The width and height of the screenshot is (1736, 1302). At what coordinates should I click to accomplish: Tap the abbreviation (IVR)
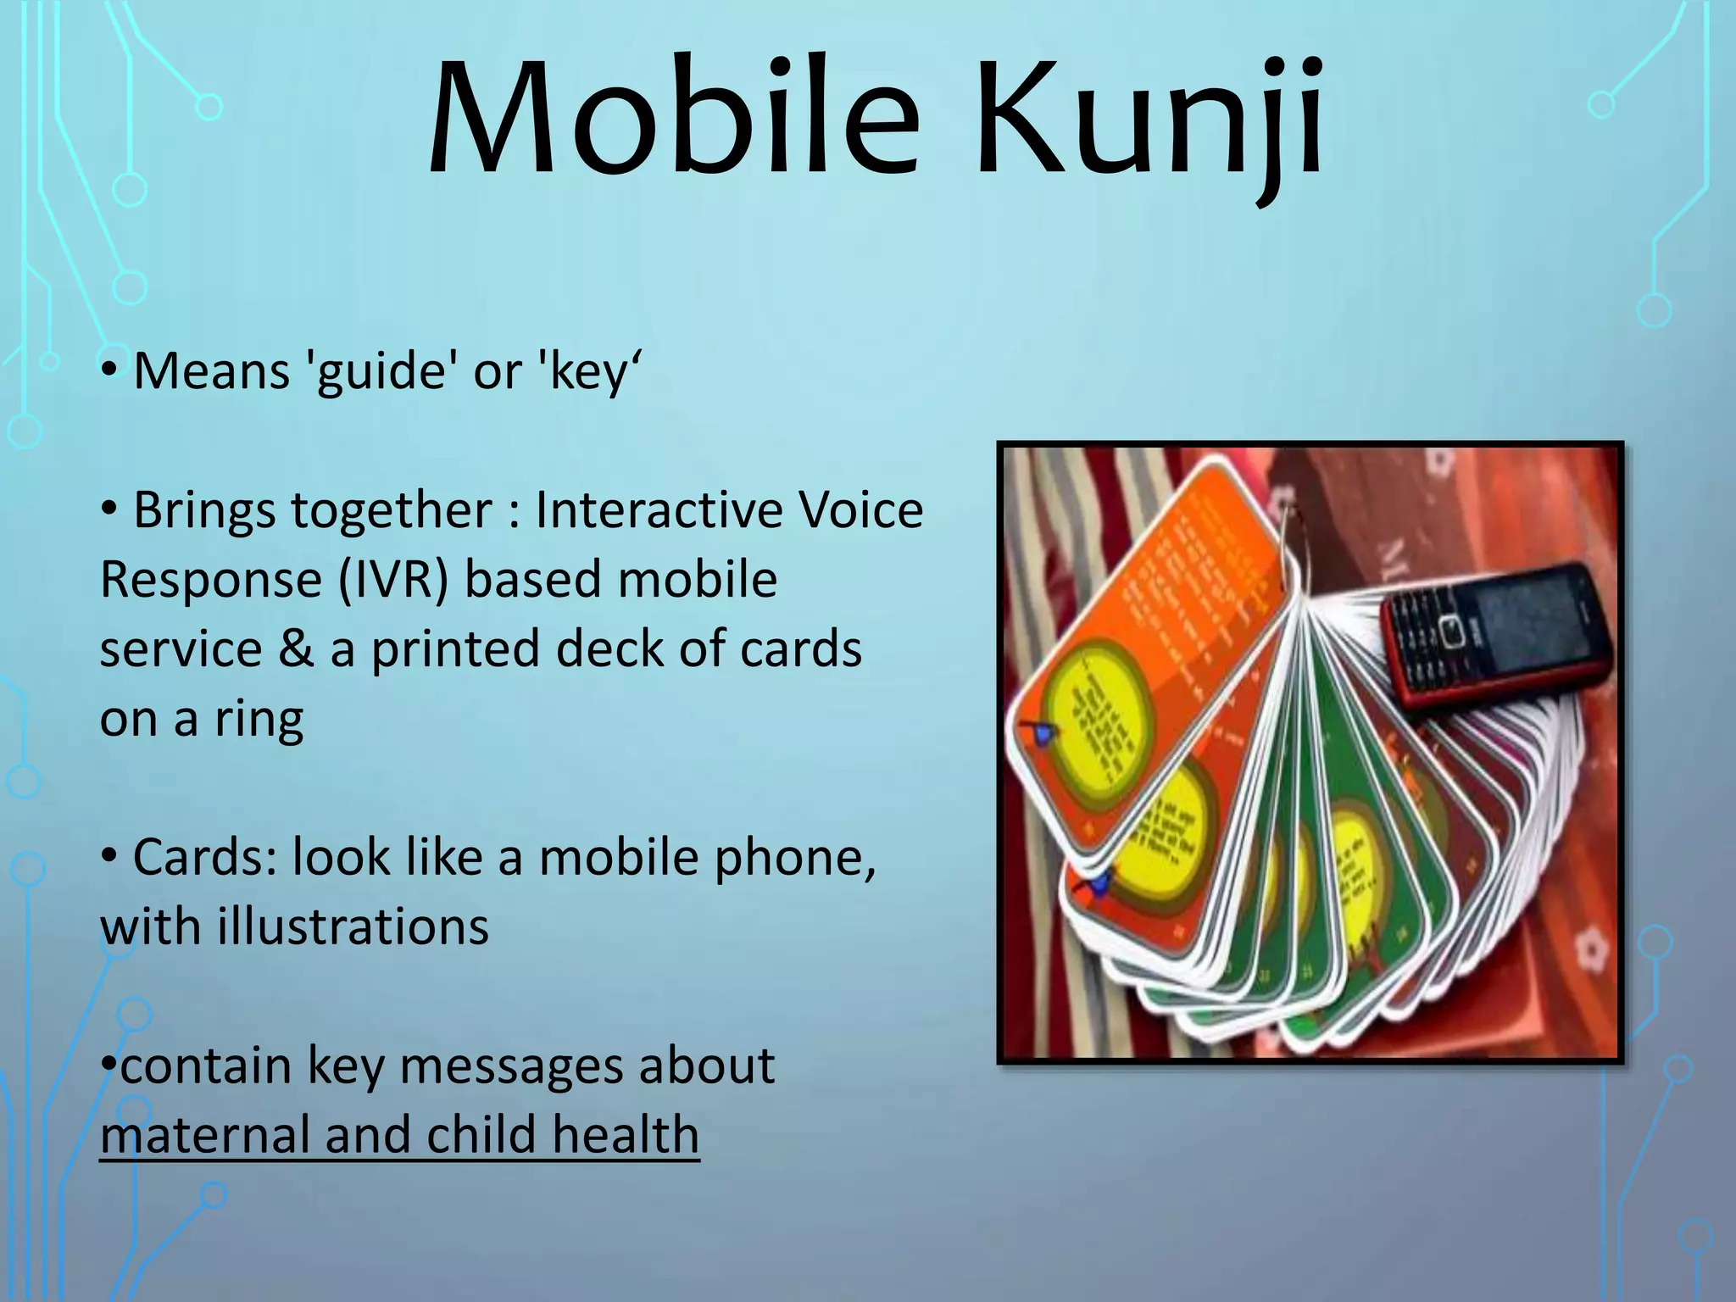pyautogui.click(x=392, y=580)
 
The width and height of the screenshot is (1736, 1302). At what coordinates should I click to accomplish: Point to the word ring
pyautogui.click(x=259, y=719)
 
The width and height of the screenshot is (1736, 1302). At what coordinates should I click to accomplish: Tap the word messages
pyautogui.click(x=517, y=1066)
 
